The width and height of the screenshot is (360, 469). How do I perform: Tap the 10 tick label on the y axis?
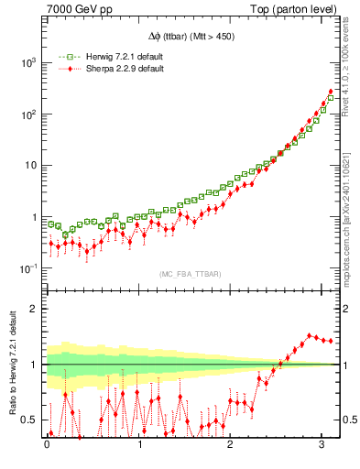tap(30, 166)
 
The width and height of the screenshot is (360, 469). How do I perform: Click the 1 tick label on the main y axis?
tap(34, 217)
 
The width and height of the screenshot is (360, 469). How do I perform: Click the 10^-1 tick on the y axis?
tap(27, 268)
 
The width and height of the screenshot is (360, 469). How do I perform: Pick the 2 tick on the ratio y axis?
tap(34, 309)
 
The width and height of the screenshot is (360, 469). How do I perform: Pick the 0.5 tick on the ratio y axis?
tap(30, 420)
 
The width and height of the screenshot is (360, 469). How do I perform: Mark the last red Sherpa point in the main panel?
tap(330, 92)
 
